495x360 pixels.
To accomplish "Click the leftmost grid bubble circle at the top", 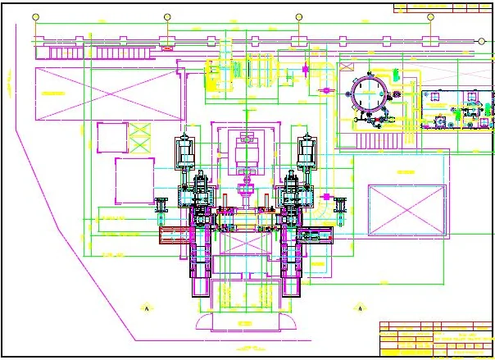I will click(34, 16).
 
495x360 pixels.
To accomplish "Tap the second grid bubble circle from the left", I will click(167, 16).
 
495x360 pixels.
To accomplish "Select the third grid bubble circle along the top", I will click(299, 16).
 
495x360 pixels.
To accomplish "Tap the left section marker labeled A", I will click(145, 308).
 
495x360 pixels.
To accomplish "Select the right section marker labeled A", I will click(359, 308).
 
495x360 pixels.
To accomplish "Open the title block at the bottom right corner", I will click(435, 339).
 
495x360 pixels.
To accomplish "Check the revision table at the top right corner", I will click(443, 9).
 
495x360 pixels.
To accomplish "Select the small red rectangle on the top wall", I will click(168, 48).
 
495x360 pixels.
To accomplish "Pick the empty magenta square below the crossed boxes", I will click(134, 180).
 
